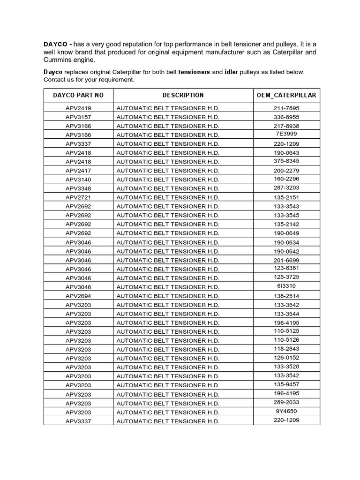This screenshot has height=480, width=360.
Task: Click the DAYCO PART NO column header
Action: click(x=78, y=95)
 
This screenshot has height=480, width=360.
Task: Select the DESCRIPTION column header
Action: click(x=183, y=95)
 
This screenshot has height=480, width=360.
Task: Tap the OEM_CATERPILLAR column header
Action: click(x=286, y=95)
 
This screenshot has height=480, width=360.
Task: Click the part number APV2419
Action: click(x=78, y=108)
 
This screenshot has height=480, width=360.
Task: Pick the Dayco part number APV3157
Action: click(x=78, y=117)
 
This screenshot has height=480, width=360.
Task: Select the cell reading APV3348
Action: click(x=78, y=188)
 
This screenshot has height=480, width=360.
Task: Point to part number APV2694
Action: click(x=78, y=296)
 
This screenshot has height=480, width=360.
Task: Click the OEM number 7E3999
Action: click(x=286, y=134)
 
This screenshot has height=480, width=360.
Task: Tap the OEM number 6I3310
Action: click(x=286, y=285)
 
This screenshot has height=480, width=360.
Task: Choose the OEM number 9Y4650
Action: click(x=286, y=411)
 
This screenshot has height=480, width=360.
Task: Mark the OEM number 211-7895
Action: click(x=286, y=108)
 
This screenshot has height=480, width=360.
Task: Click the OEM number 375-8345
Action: click(x=286, y=162)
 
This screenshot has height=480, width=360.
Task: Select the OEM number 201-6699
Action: click(x=286, y=260)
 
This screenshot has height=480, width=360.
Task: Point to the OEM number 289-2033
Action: click(x=286, y=402)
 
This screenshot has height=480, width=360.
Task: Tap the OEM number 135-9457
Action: click(x=286, y=384)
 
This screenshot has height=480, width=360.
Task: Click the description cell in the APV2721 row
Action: click(x=168, y=197)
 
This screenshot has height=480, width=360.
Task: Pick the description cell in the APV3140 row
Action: click(x=168, y=180)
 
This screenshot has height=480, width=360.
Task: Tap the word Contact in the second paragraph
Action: click(x=55, y=80)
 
